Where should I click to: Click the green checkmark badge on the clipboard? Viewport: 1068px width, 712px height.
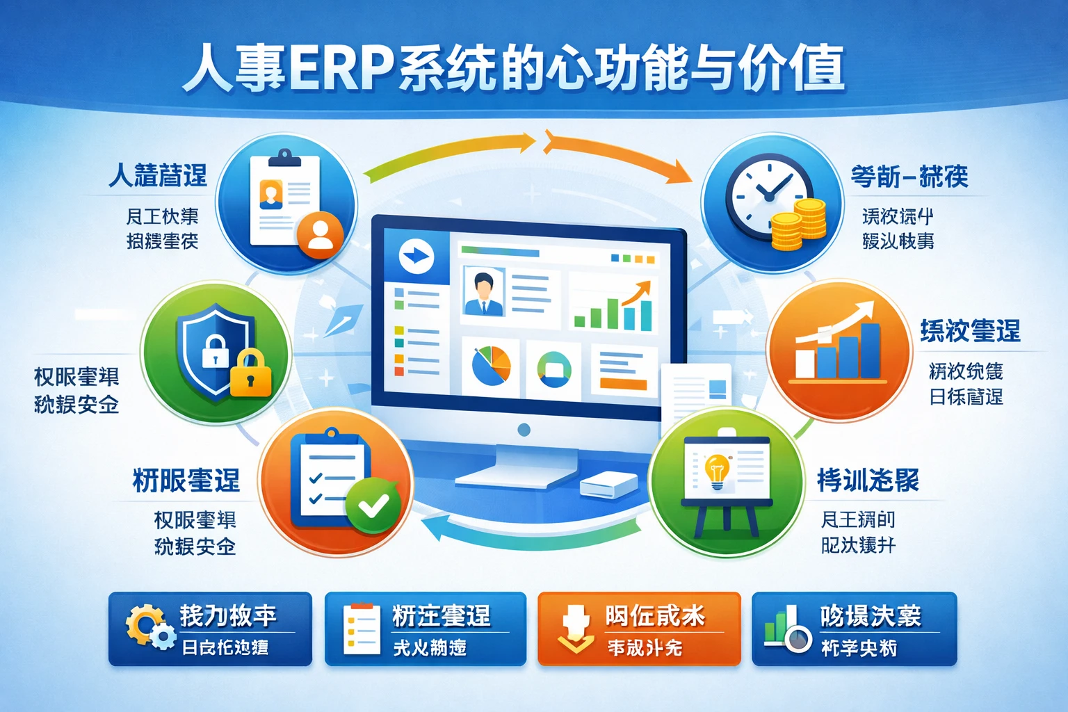373,506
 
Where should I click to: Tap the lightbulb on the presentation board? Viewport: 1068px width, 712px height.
716,471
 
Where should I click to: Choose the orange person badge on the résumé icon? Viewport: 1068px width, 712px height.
320,234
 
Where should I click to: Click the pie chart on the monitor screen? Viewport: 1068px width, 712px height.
492,366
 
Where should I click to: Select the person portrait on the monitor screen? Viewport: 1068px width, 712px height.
483,293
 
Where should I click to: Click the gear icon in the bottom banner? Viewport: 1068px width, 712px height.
147,626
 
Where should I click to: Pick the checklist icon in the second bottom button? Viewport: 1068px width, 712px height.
362,629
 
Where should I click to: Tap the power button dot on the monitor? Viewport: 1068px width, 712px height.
524,430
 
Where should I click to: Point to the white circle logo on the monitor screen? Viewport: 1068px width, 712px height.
416,257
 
